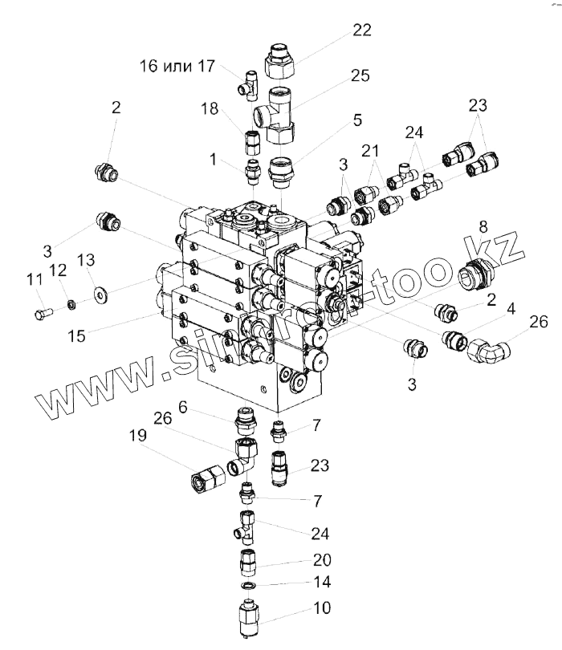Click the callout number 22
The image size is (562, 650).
[362, 30]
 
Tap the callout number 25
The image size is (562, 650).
[360, 76]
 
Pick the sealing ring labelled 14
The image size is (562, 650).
[250, 587]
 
